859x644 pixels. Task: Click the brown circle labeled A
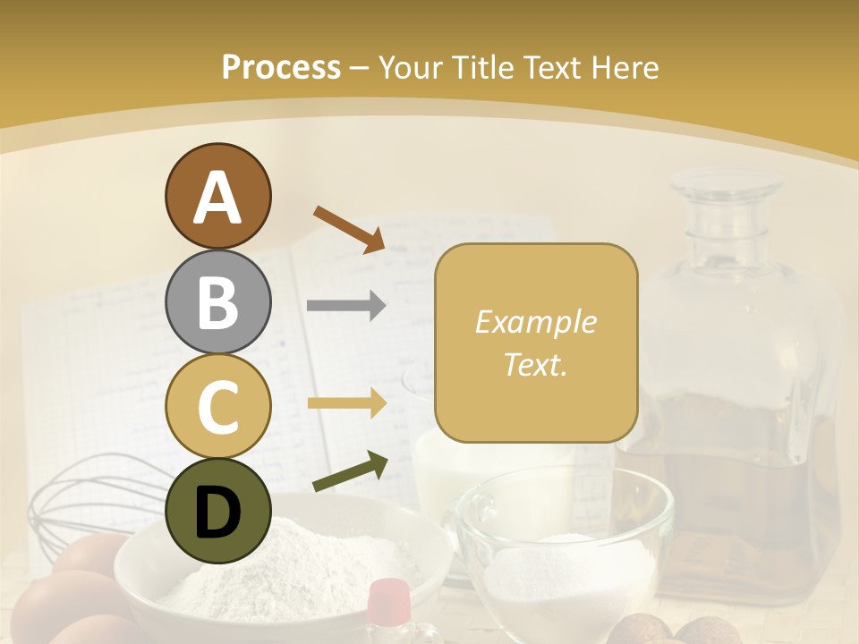pyautogui.click(x=218, y=197)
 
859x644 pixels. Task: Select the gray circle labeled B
pyautogui.click(x=218, y=301)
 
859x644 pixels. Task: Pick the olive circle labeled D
pyautogui.click(x=218, y=511)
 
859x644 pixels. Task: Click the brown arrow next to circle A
pyautogui.click(x=349, y=228)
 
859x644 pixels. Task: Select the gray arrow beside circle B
pyautogui.click(x=346, y=306)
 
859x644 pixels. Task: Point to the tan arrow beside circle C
pyautogui.click(x=346, y=403)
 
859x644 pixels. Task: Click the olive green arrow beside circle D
pyautogui.click(x=350, y=471)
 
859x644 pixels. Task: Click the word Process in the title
pyautogui.click(x=281, y=67)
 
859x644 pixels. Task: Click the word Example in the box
pyautogui.click(x=535, y=322)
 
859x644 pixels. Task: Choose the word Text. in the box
pyautogui.click(x=535, y=365)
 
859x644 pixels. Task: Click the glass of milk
pyautogui.click(x=488, y=465)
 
